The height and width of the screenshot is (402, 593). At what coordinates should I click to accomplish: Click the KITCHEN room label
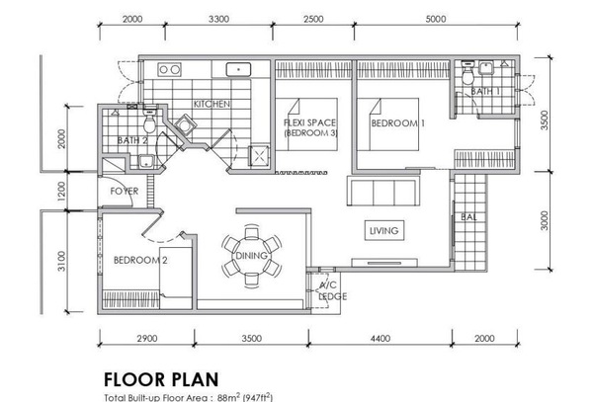point(212,104)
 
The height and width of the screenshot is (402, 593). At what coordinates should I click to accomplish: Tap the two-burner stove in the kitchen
point(169,69)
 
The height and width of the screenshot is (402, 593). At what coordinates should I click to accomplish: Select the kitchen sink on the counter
point(238,70)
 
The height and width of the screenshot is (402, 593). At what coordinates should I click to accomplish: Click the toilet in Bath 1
point(468,74)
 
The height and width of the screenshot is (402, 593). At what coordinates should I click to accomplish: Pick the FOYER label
point(125,192)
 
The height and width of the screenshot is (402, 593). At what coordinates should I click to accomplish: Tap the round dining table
point(251,256)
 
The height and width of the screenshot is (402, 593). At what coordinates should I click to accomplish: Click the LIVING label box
point(384,230)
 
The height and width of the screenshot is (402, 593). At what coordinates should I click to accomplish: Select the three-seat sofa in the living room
point(383,191)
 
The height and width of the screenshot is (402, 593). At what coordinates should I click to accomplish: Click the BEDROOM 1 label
point(398,123)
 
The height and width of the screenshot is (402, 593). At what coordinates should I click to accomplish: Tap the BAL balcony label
point(468,217)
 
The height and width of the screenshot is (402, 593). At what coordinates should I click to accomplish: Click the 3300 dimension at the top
point(219,19)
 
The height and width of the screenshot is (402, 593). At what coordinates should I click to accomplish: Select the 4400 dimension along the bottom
point(381,338)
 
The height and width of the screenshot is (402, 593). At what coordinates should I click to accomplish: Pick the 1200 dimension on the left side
point(61,192)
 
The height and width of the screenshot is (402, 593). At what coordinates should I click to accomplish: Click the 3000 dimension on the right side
point(544,220)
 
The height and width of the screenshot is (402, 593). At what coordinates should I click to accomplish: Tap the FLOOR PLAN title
point(161,379)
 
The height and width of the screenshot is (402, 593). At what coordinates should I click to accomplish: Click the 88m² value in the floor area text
point(228,397)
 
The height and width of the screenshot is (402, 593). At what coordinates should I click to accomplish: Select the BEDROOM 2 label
point(140,261)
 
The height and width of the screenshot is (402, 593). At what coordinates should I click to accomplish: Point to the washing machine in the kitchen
point(185,124)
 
